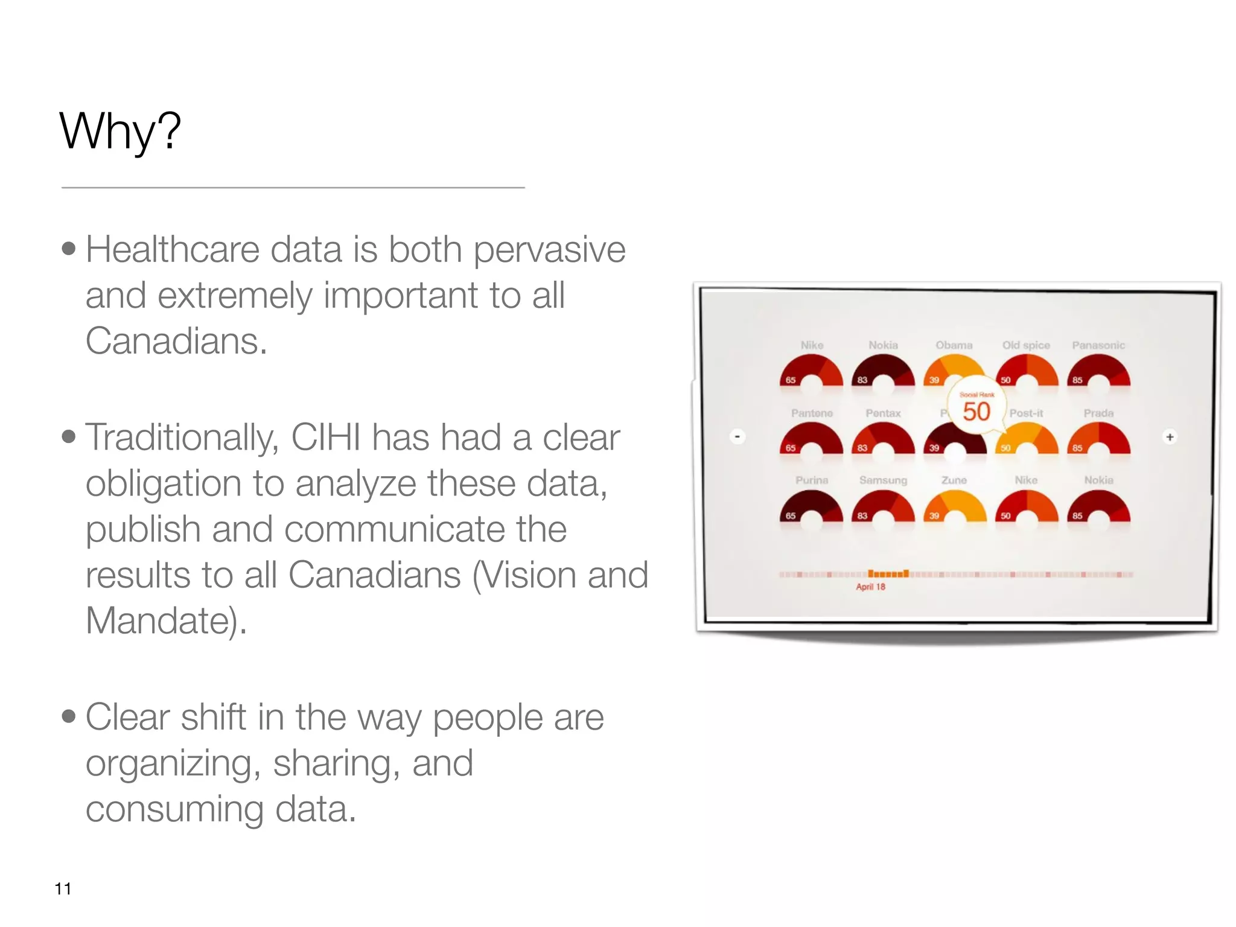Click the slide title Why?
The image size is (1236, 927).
120,131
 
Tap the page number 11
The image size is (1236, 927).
63,888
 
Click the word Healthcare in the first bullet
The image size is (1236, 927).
172,249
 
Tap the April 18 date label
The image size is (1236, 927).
870,587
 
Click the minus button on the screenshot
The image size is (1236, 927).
737,436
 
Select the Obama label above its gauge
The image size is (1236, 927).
954,345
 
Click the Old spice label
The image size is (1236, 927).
1026,345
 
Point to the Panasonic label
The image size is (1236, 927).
1098,345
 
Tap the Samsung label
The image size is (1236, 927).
883,480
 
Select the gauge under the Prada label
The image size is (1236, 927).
1098,438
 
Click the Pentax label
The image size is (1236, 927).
883,413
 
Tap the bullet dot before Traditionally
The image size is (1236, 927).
69,436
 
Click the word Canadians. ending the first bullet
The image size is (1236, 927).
176,341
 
